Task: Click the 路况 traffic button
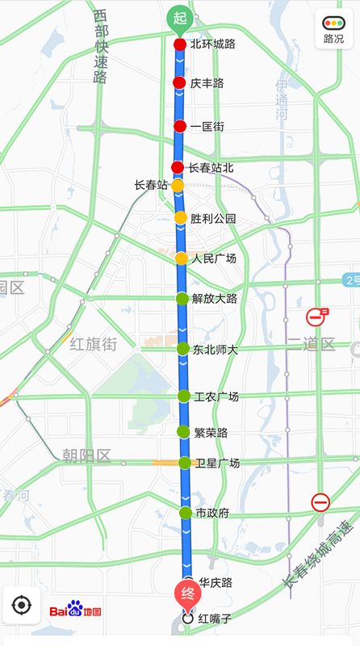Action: [333, 30]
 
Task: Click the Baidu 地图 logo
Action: [76, 610]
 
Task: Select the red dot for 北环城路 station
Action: [179, 44]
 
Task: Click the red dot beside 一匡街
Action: [179, 126]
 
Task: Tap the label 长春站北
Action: [211, 168]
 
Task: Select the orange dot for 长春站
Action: [178, 186]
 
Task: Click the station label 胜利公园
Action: [213, 218]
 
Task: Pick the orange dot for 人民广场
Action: [181, 258]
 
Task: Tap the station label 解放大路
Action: [215, 299]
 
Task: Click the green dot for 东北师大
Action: [182, 349]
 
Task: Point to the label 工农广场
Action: [216, 396]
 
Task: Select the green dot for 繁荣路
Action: [183, 431]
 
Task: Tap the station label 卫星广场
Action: [217, 463]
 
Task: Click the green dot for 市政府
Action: [185, 513]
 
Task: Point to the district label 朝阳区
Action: [86, 456]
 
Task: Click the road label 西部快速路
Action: [100, 46]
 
